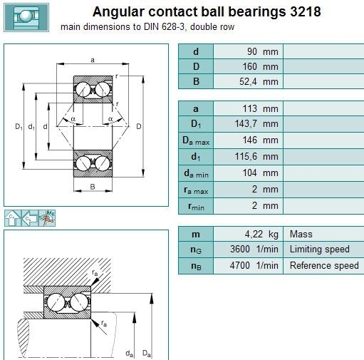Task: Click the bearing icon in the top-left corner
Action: pyautogui.click(x=26, y=18)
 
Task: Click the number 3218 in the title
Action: pyautogui.click(x=306, y=11)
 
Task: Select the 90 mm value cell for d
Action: pyautogui.click(x=248, y=51)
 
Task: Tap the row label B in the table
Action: pyautogui.click(x=196, y=81)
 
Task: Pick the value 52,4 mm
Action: pyautogui.click(x=259, y=81)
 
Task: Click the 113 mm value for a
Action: pyautogui.click(x=260, y=108)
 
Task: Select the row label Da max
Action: pyautogui.click(x=196, y=140)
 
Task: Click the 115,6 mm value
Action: pyautogui.click(x=256, y=156)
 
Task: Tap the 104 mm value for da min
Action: pyautogui.click(x=260, y=173)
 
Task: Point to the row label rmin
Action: pyautogui.click(x=196, y=206)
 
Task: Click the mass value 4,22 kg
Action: pyautogui.click(x=261, y=235)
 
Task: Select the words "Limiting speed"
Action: pyautogui.click(x=320, y=249)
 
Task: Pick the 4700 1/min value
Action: pyautogui.click(x=254, y=265)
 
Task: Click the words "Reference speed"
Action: pyautogui.click(x=324, y=265)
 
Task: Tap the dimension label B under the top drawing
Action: pyautogui.click(x=93, y=187)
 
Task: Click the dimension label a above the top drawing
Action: pyautogui.click(x=93, y=60)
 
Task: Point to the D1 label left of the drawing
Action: pyautogui.click(x=19, y=126)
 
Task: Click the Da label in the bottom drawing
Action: pyautogui.click(x=147, y=354)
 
